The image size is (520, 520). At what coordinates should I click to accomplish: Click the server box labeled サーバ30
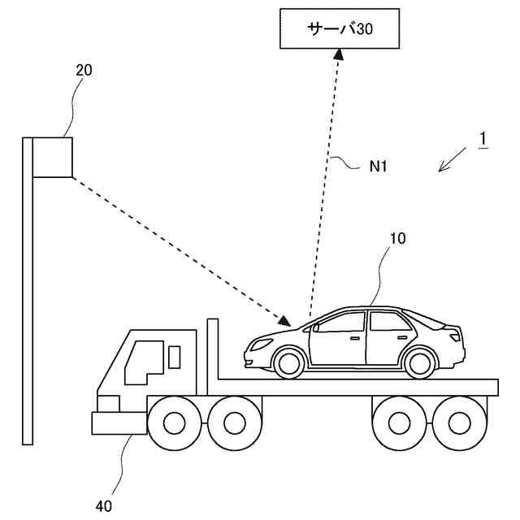point(342,29)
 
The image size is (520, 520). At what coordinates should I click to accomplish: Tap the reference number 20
point(84,70)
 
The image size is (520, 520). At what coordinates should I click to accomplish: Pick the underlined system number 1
point(483,139)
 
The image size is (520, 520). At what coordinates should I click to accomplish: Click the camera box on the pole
point(53,157)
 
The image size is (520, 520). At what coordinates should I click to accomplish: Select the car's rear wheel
point(417,362)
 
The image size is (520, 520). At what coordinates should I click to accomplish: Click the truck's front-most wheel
point(174,422)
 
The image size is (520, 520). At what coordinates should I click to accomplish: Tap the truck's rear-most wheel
point(455,422)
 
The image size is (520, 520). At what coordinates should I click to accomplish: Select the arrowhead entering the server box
point(341,54)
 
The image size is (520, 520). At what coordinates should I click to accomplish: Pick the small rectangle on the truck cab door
point(174,356)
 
